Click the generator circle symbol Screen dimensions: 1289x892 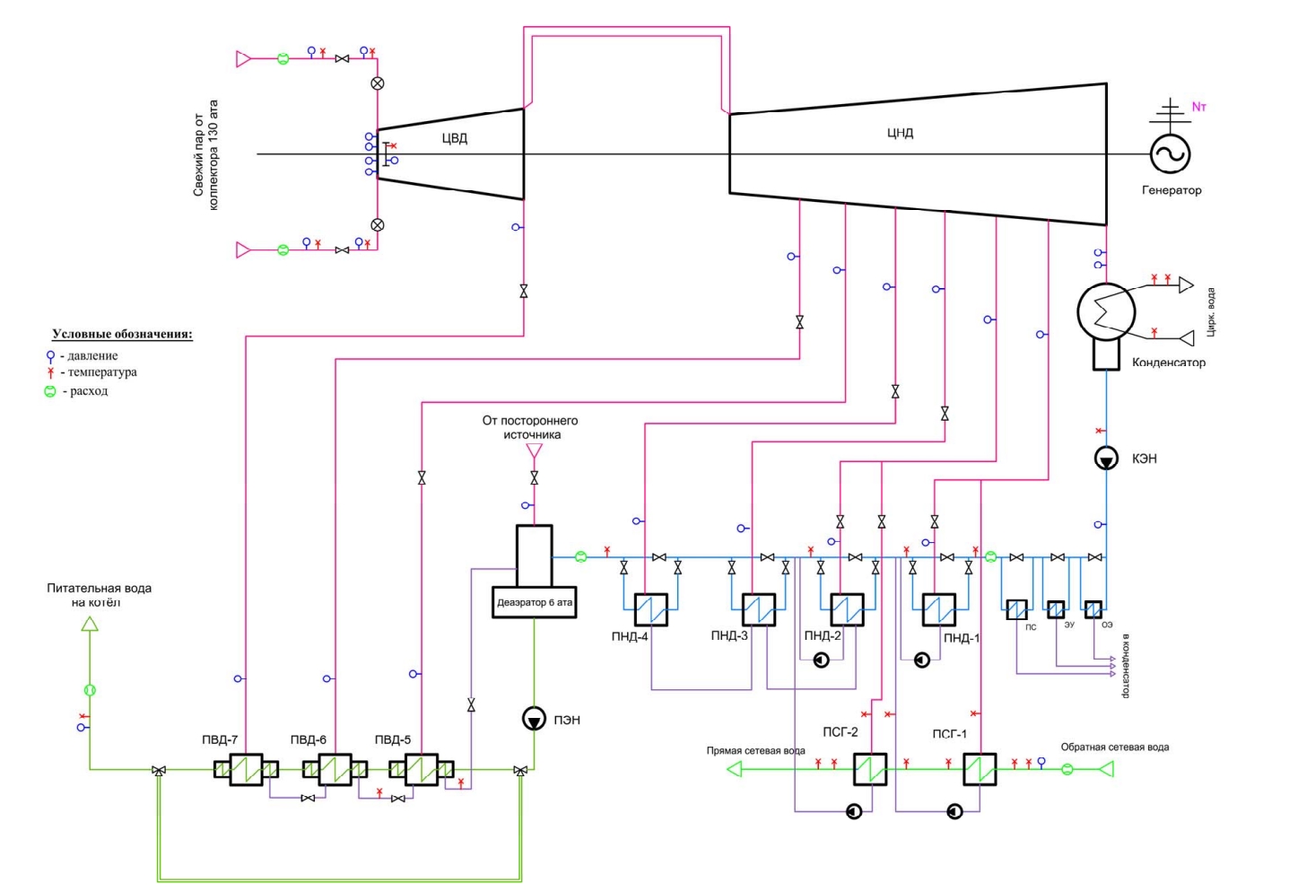pos(1170,153)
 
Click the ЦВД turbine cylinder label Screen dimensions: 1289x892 pos(455,138)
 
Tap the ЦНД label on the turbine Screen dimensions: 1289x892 pos(900,133)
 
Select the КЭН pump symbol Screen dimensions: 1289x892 pos(1106,459)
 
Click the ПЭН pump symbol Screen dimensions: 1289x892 pos(534,719)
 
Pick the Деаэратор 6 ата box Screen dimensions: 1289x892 pos(534,602)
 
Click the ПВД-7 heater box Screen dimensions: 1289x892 pos(247,769)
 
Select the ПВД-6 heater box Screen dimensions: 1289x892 pos(335,769)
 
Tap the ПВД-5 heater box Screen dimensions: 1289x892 pos(422,769)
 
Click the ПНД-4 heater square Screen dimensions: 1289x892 pos(651,609)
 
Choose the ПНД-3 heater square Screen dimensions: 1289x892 pos(759,609)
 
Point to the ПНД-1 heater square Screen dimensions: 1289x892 pos(938,609)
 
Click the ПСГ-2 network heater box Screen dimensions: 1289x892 pos(870,769)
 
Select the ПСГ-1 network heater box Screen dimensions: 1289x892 pos(980,769)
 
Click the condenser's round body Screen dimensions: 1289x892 pos(1106,312)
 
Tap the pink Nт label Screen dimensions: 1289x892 pos(1198,107)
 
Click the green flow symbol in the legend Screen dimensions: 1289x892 pos(50,391)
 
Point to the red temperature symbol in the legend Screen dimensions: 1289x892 pos(50,372)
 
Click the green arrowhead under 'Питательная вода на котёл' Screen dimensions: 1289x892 pos(89,624)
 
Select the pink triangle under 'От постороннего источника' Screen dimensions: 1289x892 pos(534,450)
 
